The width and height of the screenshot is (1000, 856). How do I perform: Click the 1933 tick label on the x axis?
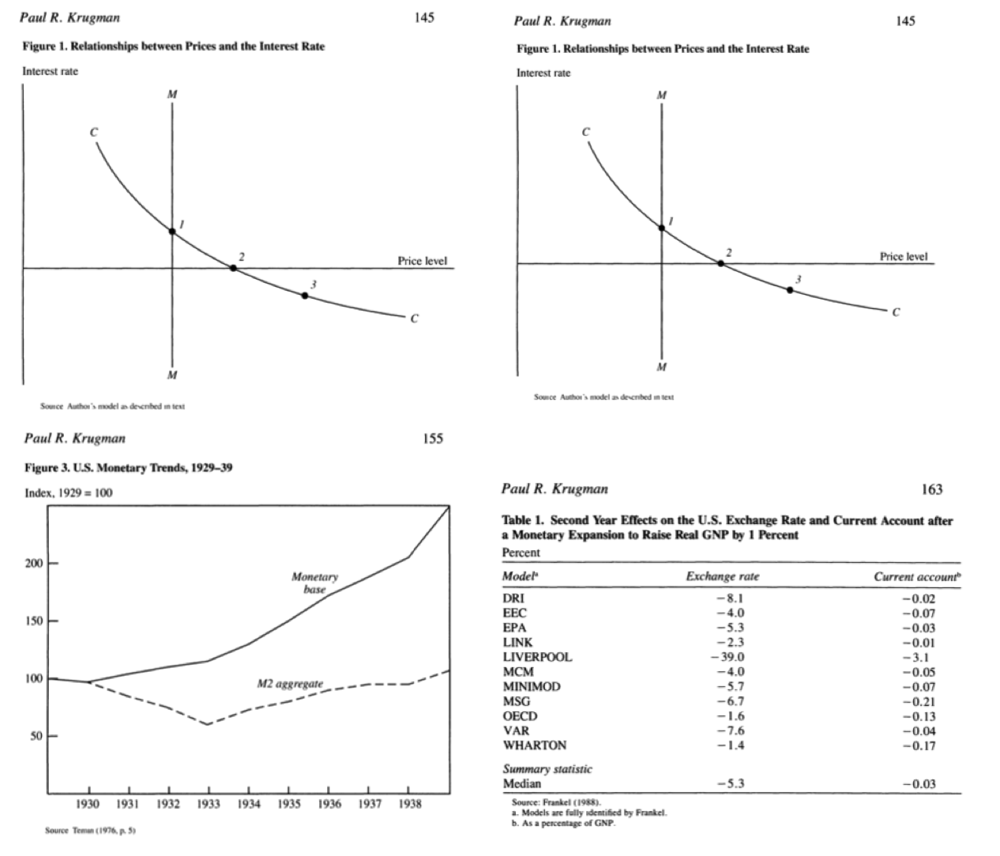pos(209,803)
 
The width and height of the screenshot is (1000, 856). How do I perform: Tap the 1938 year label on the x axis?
pos(408,803)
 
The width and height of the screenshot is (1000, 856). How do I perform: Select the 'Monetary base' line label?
pos(314,583)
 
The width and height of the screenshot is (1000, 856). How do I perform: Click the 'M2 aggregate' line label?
pos(290,684)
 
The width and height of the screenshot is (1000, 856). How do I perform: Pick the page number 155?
pos(433,439)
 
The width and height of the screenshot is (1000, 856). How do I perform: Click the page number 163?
pos(932,489)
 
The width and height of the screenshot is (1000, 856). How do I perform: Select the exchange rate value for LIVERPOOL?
pos(727,657)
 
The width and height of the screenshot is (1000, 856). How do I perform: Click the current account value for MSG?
pos(919,702)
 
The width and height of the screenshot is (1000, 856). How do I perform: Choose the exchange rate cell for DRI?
pos(729,598)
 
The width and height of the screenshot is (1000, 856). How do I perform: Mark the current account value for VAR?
pos(919,731)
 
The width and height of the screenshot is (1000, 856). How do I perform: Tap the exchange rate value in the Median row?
pos(730,784)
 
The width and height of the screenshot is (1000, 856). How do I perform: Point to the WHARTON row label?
pos(535,745)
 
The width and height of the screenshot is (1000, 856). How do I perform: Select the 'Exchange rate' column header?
pos(722,576)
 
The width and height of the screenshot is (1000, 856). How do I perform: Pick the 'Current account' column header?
pos(917,576)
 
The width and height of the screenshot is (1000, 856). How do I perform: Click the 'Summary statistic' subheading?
pos(547,768)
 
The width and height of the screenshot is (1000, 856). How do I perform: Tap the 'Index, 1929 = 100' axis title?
pos(69,493)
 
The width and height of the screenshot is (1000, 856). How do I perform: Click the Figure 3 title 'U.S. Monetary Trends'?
pos(128,468)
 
